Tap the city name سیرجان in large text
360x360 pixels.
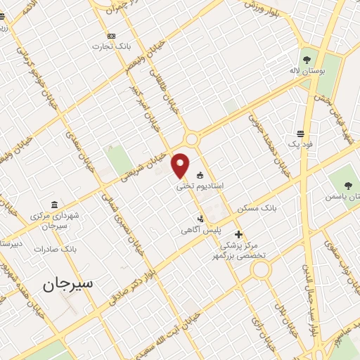[x=67, y=283]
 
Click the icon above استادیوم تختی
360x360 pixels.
[x=200, y=175]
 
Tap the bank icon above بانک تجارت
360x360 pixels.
[x=111, y=36]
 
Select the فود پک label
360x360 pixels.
[x=300, y=145]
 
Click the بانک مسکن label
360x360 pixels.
[x=254, y=209]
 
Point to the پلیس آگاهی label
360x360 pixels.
[x=200, y=230]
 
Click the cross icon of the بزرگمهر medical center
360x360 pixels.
[x=239, y=235]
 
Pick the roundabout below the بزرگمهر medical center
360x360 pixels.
[x=262, y=269]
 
